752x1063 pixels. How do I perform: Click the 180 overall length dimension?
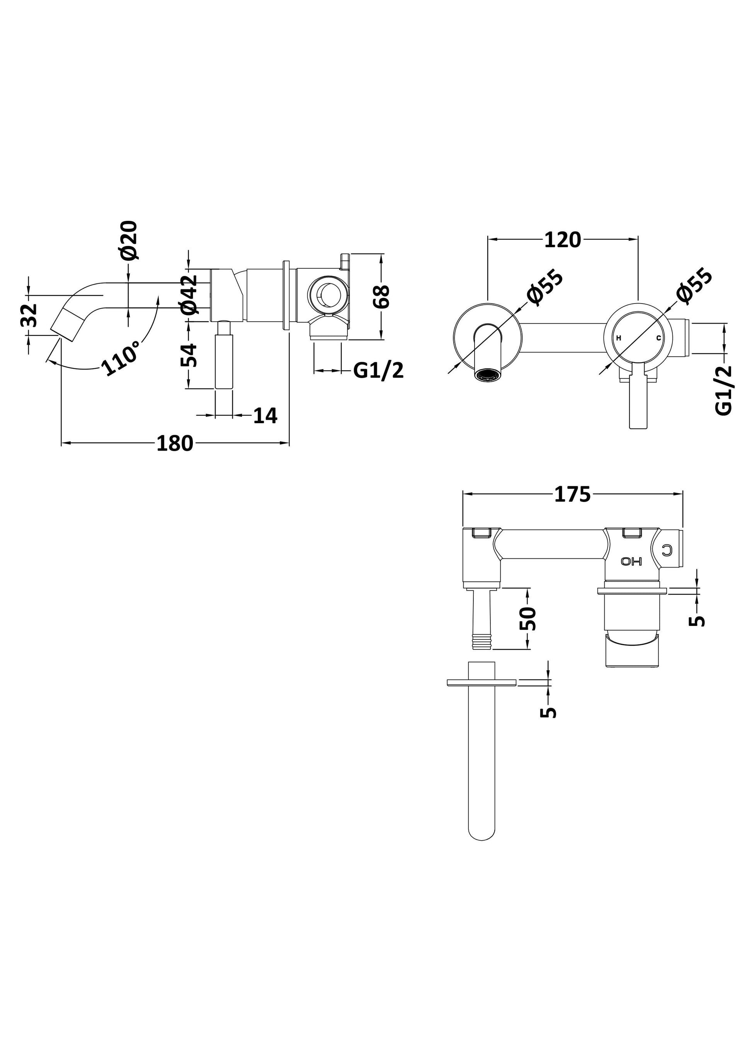pos(175,444)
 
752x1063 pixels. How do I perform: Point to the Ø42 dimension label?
pos(189,295)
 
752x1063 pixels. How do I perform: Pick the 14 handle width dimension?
pos(265,416)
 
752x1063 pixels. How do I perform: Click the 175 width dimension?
pos(573,495)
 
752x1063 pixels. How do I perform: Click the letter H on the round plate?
pos(619,338)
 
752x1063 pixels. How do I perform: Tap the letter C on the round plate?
pos(658,338)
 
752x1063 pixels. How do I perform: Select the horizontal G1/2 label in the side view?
pos(378,370)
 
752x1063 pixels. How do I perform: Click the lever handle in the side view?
pos(224,356)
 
